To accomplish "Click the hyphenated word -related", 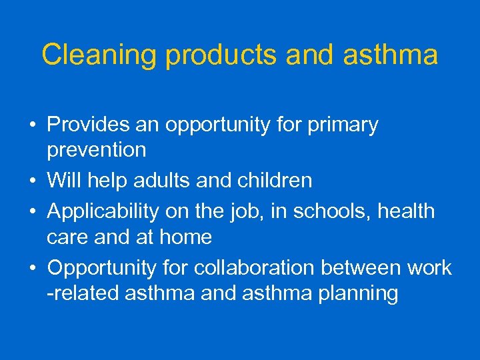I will tap(84, 293).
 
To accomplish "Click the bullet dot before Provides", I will tap(33, 125).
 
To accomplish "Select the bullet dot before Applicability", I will tap(33, 212).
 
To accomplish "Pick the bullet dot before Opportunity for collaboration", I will tap(33, 268).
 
